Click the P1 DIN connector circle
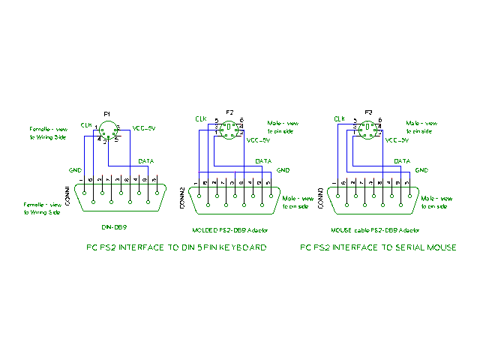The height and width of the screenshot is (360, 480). tap(107, 133)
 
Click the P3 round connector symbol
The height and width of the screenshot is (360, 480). tap(368, 130)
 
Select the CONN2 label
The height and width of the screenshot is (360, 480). tap(182, 199)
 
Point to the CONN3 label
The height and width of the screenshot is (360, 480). tap(321, 199)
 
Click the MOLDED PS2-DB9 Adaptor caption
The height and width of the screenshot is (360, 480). tap(230, 229)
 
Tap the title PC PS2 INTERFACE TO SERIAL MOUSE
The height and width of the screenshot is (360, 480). tap(378, 247)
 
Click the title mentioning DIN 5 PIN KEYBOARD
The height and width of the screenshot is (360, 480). tap(176, 247)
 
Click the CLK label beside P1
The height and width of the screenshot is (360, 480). tap(86, 125)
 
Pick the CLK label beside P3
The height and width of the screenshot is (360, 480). tap(339, 118)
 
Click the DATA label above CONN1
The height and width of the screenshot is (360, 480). tap(148, 161)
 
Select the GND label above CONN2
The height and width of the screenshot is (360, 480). tap(283, 170)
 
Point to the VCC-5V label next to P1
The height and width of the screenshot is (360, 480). tap(143, 127)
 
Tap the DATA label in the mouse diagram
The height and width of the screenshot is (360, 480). tap(403, 161)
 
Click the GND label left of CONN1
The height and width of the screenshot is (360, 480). tap(75, 169)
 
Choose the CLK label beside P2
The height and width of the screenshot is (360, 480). tap(200, 118)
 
